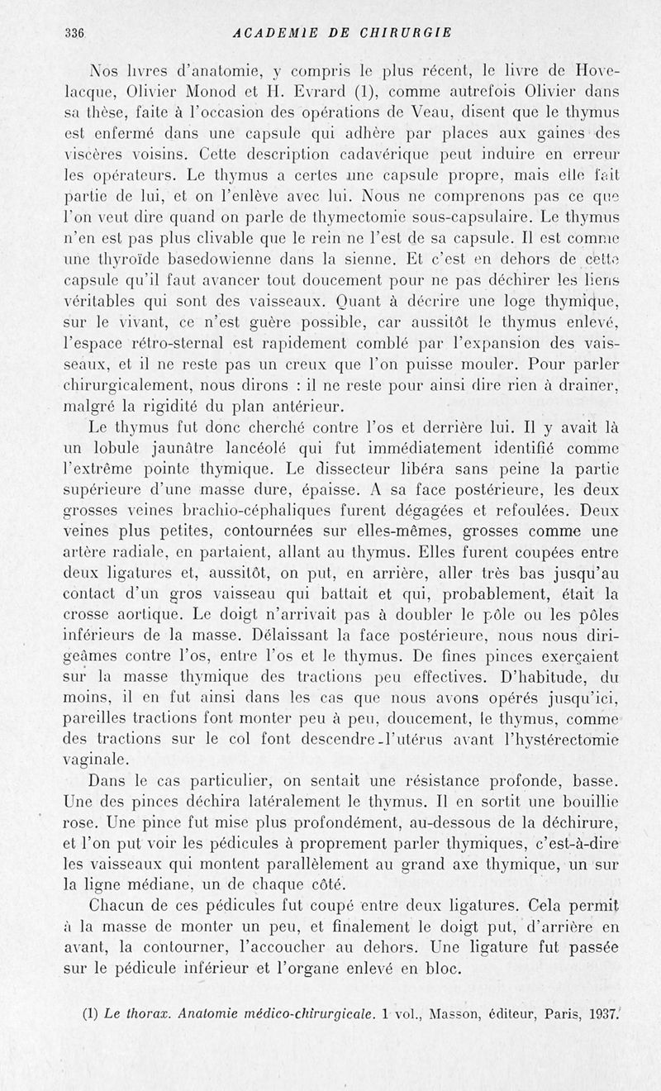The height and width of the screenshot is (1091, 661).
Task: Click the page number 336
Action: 75,33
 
